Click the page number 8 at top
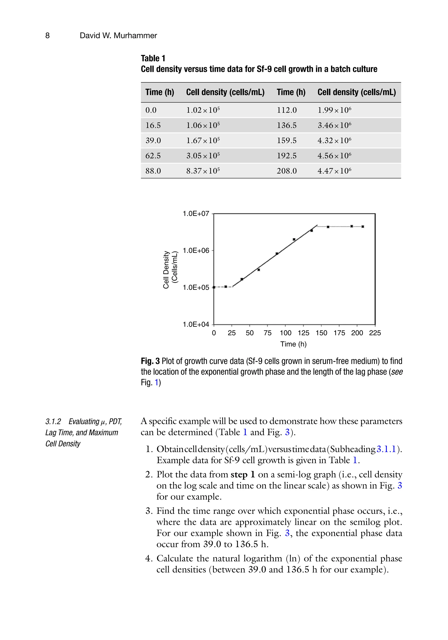pyautogui.click(x=47, y=35)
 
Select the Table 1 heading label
pyautogui.click(x=153, y=58)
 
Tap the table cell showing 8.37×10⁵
pyautogui.click(x=203, y=171)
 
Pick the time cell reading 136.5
pyautogui.click(x=287, y=125)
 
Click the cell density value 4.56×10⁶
pyautogui.click(x=334, y=156)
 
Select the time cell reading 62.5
pyautogui.click(x=153, y=156)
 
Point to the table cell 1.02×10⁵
pyautogui.click(x=203, y=110)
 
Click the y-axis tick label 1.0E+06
pyautogui.click(x=196, y=250)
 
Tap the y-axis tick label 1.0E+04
pyautogui.click(x=196, y=324)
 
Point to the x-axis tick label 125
pyautogui.click(x=303, y=333)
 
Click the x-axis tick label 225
pyautogui.click(x=375, y=333)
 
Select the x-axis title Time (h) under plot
pyautogui.click(x=293, y=344)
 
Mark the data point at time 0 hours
pyautogui.click(x=214, y=287)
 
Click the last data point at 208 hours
pyautogui.click(x=362, y=227)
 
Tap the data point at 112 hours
pyautogui.click(x=294, y=239)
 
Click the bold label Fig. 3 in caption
pyautogui.click(x=150, y=361)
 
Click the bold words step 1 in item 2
pyautogui.click(x=243, y=474)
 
